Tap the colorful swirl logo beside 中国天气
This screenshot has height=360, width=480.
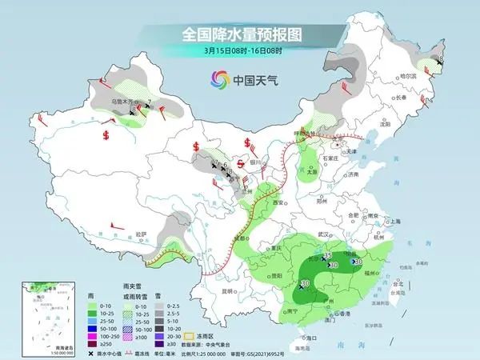pyautogui.click(x=218, y=79)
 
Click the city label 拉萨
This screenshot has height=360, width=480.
pyautogui.click(x=142, y=234)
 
